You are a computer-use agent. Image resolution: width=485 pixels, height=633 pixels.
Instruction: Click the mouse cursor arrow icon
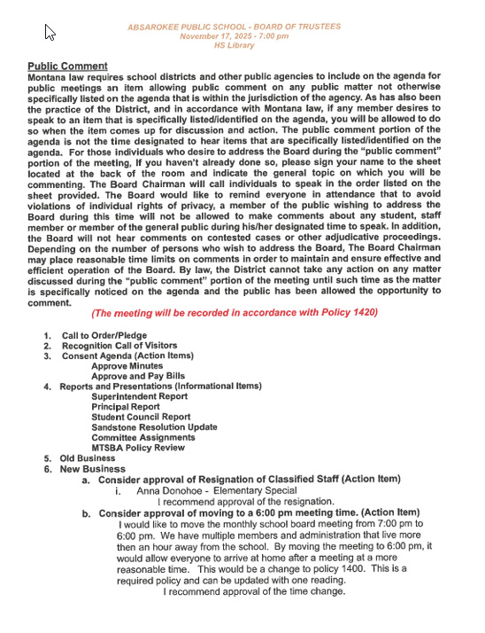coord(50,33)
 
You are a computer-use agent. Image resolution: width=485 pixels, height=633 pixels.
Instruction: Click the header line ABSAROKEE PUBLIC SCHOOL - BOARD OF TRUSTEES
coord(234,27)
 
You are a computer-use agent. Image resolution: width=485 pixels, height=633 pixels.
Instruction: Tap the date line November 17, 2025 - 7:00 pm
coord(234,36)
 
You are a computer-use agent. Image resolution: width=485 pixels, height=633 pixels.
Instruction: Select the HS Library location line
coord(234,45)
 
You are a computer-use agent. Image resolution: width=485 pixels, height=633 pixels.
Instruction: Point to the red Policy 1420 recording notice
coord(235,313)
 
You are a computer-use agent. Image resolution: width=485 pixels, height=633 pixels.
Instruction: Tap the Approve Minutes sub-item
coord(127,365)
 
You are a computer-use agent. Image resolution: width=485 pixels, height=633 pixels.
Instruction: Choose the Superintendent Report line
coord(140,396)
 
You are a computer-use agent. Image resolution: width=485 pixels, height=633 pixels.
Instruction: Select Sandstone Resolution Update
coord(153,426)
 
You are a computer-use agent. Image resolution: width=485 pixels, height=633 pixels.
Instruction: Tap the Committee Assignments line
coord(143,437)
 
